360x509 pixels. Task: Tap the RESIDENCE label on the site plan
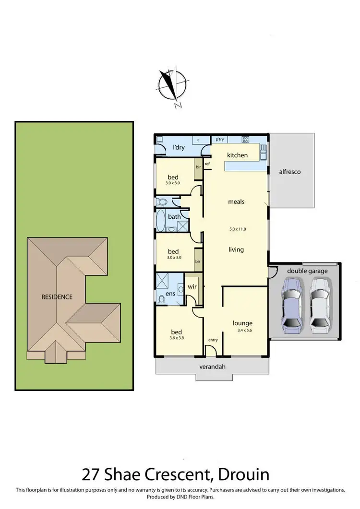point(57,297)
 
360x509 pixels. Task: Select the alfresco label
point(290,171)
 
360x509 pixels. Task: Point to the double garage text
point(307,271)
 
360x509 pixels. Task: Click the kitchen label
point(237,155)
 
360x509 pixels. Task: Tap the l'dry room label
point(178,148)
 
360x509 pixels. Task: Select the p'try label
point(220,140)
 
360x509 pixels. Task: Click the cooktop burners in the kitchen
point(245,140)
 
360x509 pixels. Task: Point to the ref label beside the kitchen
point(207,164)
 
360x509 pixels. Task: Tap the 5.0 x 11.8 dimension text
point(237,229)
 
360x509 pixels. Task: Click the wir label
point(192,286)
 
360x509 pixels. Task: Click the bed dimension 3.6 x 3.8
point(177,338)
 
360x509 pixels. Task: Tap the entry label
point(213,340)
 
